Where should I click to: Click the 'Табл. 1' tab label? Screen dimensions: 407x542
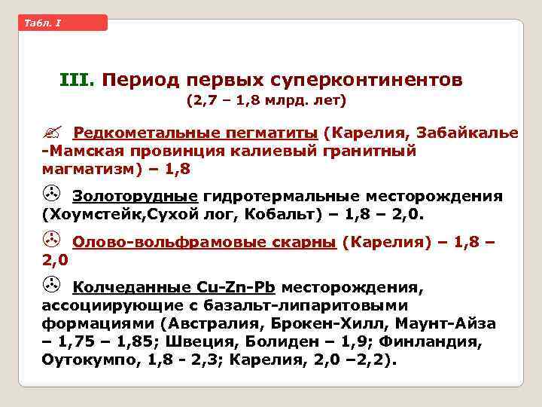coord(43,23)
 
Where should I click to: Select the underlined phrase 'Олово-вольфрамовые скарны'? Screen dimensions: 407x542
coord(204,242)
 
